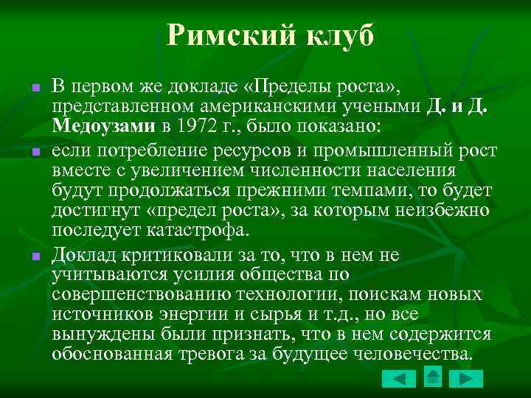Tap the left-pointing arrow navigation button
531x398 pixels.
click(400, 379)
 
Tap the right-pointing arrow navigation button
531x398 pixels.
click(465, 379)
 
